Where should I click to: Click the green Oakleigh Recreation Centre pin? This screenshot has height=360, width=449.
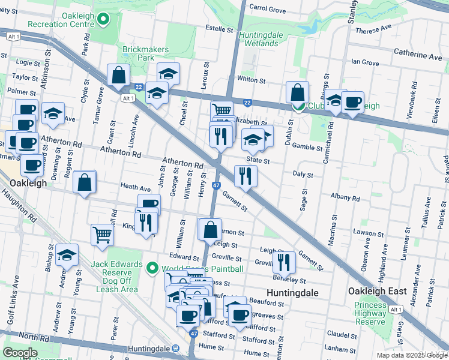click(x=103, y=20)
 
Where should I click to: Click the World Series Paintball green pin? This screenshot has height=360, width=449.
click(x=152, y=268)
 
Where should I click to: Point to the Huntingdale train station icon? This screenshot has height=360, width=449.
click(x=175, y=349)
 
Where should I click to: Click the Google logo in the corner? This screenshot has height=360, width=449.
click(x=20, y=352)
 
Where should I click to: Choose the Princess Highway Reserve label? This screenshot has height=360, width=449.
click(x=370, y=313)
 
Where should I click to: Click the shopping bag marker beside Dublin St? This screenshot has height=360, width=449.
click(x=297, y=93)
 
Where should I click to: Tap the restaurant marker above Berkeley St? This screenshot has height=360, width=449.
click(x=283, y=262)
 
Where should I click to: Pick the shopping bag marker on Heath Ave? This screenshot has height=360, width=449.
click(x=85, y=182)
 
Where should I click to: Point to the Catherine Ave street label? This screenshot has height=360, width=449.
click(x=418, y=56)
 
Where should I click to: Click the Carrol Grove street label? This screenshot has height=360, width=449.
click(x=267, y=10)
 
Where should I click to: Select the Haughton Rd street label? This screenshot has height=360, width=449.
click(x=19, y=206)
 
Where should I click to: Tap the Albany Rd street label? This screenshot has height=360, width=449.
click(x=345, y=197)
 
